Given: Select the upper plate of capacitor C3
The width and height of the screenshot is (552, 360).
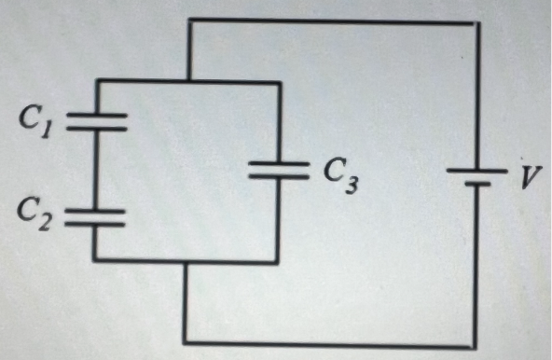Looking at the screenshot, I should [278, 164].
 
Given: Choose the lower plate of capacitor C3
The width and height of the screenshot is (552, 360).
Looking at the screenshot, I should [278, 177].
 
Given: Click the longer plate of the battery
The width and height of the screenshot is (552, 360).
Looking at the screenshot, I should [476, 170].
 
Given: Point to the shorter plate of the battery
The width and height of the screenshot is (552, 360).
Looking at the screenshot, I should [476, 184].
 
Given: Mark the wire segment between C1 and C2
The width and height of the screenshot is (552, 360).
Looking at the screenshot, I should [95, 171].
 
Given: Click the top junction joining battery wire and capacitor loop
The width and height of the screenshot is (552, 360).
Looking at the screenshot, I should [189, 81].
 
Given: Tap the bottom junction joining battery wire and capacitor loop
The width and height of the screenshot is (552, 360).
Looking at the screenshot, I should [187, 262].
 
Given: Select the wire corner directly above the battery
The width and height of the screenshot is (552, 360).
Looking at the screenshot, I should [476, 23].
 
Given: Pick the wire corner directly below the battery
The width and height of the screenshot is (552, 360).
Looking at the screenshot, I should [476, 345].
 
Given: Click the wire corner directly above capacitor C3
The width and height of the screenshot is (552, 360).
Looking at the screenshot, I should [278, 82].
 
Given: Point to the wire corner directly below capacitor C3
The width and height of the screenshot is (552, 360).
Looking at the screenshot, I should [278, 262].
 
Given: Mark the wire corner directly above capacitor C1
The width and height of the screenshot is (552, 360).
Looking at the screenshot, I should [95, 82].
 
